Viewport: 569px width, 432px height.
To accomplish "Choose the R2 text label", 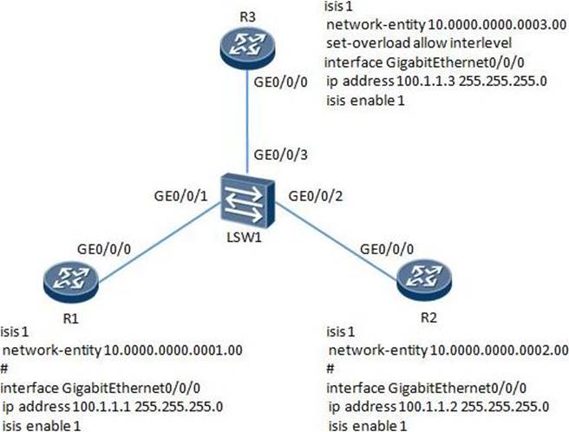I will pyautogui.click(x=428, y=317).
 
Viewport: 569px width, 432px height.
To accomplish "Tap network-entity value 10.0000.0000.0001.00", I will pyautogui.click(x=172, y=350).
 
